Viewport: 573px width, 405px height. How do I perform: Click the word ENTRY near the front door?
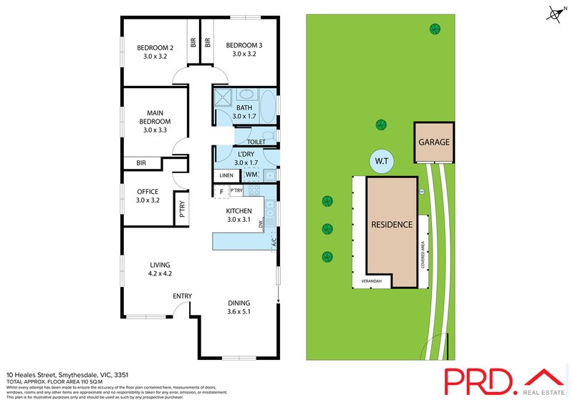click(x=182, y=296)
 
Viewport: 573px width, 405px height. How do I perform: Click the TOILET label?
click(x=256, y=142)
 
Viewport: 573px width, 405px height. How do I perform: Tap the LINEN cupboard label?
click(x=226, y=175)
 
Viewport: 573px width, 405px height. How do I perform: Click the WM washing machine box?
click(x=251, y=174)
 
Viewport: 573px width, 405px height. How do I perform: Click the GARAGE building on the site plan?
click(x=434, y=142)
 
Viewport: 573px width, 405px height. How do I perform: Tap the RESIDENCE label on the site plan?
click(x=391, y=225)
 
